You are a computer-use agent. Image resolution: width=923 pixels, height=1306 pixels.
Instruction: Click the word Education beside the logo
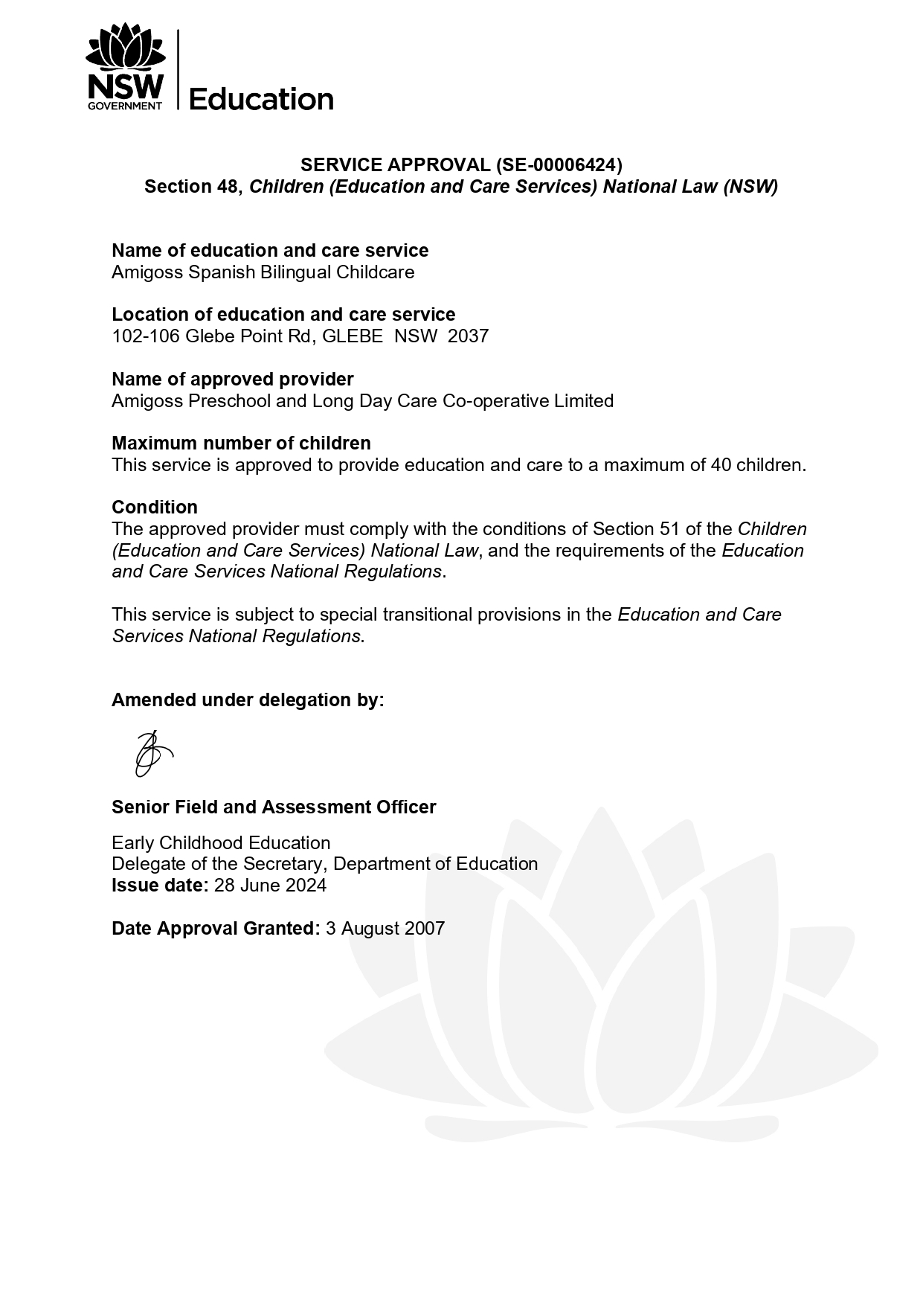click(x=261, y=99)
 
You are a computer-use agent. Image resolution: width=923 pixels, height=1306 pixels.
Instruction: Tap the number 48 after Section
click(x=226, y=186)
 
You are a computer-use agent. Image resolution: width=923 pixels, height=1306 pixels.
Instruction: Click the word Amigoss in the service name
click(x=147, y=272)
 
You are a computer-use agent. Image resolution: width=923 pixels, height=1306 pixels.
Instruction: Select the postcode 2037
click(x=468, y=336)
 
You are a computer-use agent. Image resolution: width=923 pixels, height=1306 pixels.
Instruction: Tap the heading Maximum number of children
click(x=241, y=444)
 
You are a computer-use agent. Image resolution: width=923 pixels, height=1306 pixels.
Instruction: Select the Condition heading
click(x=155, y=508)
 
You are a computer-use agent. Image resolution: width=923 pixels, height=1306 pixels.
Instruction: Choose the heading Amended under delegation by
click(x=248, y=700)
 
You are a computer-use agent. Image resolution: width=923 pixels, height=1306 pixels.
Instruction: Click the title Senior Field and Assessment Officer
click(x=274, y=807)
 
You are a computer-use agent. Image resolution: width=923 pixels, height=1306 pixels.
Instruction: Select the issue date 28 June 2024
click(x=270, y=886)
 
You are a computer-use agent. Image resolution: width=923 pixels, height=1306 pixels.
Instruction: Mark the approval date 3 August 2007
click(x=385, y=929)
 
